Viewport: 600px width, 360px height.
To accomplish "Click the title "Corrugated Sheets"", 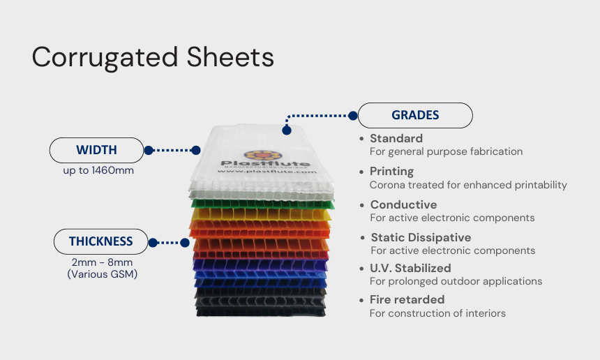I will (153, 57).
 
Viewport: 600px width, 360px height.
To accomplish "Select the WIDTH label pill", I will (96, 150).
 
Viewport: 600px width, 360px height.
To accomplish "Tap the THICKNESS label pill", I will (100, 241).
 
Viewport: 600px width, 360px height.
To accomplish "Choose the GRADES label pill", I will (415, 115).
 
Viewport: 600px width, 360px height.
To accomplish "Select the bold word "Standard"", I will (396, 138).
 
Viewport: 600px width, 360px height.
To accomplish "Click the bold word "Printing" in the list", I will (391, 171).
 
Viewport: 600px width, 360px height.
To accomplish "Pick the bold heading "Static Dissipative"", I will (421, 237).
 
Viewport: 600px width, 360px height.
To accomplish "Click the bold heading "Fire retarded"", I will (407, 299).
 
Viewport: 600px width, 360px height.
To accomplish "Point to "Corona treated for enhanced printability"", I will (468, 185).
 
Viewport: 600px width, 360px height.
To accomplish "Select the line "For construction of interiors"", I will (437, 313).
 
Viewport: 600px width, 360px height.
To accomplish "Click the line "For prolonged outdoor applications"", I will (456, 281).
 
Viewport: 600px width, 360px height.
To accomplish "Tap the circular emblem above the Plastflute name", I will (254, 156).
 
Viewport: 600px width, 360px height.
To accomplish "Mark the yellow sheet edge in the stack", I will (262, 213).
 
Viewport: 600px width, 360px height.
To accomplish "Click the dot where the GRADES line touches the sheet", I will (285, 130).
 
